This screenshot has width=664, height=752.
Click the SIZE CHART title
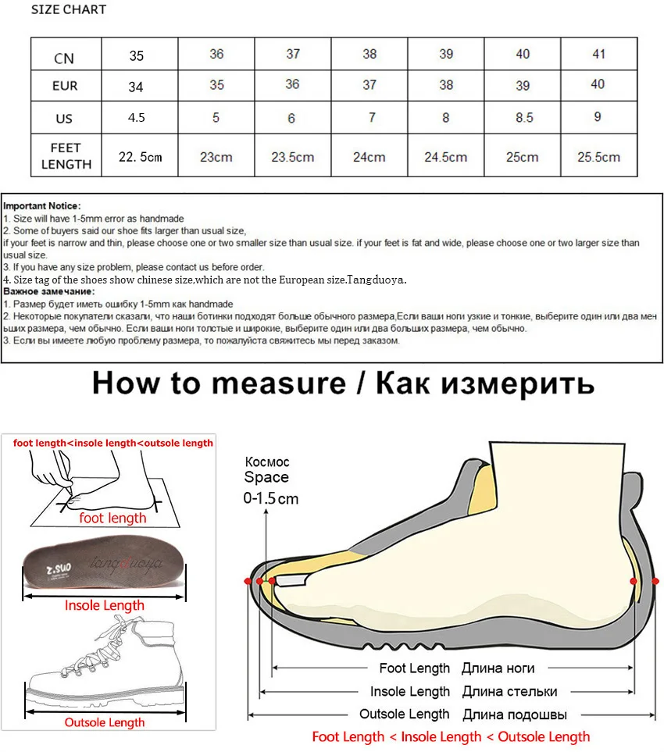(69, 9)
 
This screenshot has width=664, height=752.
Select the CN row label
(64, 57)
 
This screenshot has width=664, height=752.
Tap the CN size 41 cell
(598, 54)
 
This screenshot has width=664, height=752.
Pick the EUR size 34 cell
(136, 86)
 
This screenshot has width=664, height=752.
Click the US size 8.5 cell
(523, 117)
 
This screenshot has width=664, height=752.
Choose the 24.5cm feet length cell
(445, 157)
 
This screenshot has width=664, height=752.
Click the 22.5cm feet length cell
(140, 157)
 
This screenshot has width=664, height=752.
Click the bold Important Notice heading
(41, 205)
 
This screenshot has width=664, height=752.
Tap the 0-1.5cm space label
(271, 498)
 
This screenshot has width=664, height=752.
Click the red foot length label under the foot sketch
(113, 518)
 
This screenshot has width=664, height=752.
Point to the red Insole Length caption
(105, 605)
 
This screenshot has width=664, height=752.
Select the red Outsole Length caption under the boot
(105, 722)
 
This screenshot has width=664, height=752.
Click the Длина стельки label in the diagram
(509, 691)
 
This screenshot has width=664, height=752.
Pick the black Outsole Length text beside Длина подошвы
(404, 714)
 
